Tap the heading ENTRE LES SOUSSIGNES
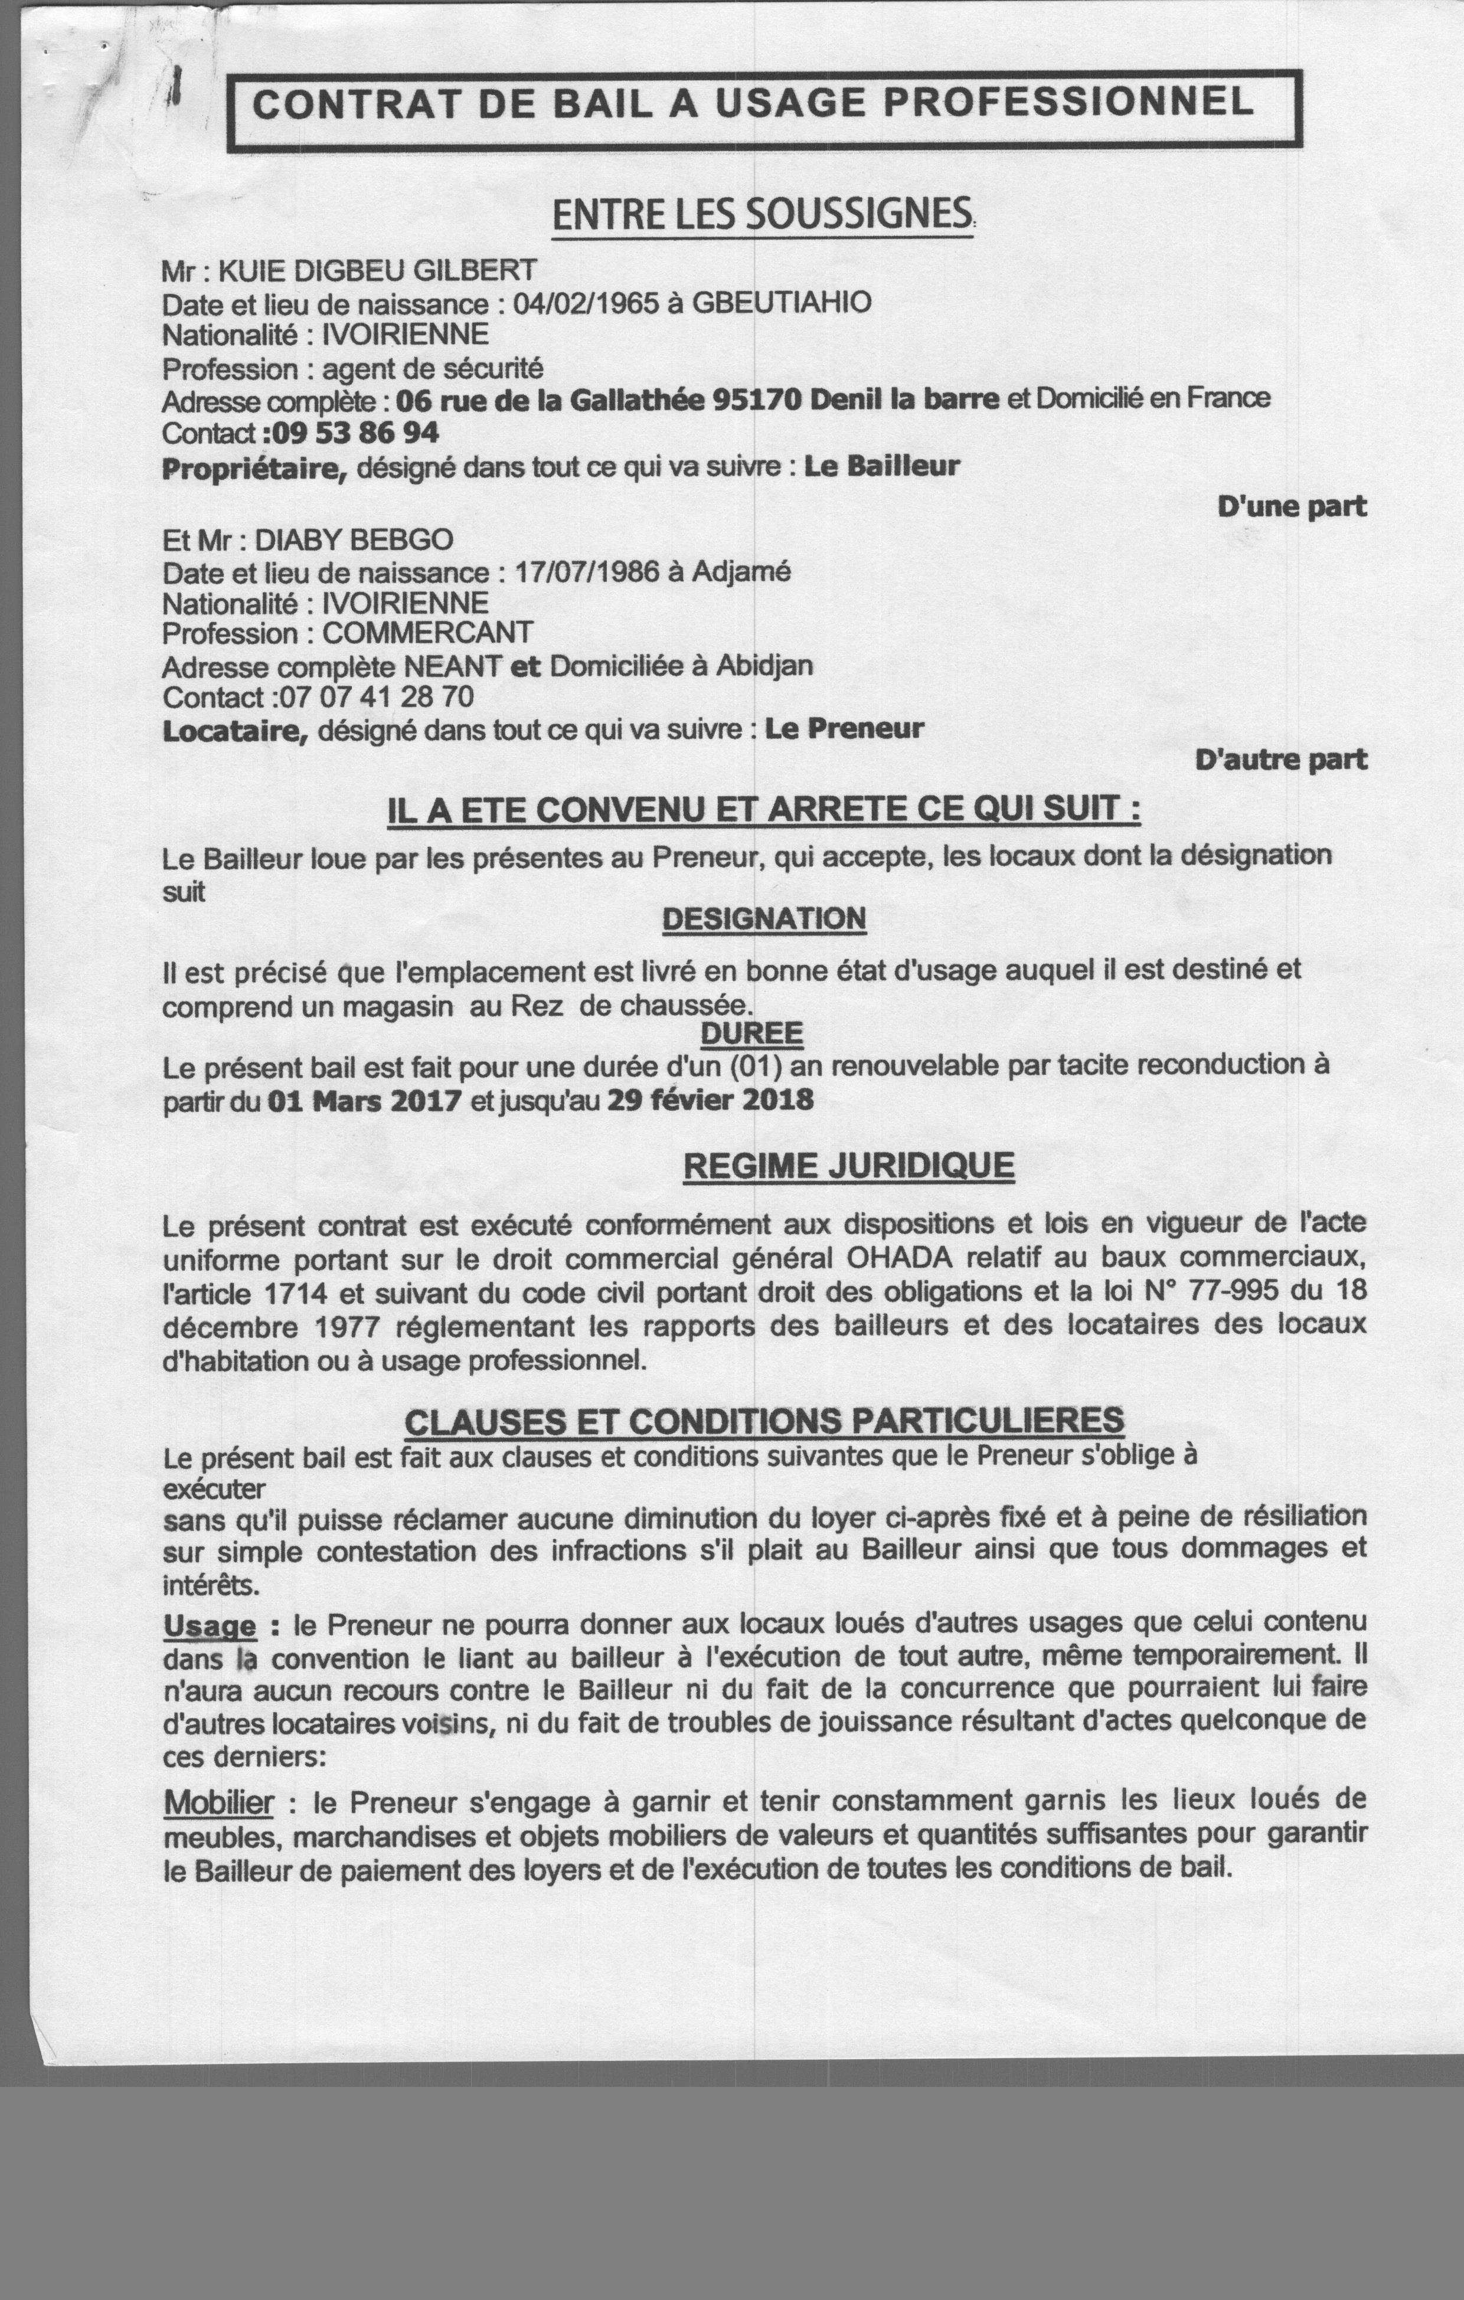(x=762, y=214)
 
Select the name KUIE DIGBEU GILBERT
(x=377, y=271)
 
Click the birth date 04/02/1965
(x=586, y=304)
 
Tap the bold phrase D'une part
(x=1291, y=506)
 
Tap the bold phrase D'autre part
(x=1280, y=760)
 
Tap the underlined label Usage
(x=210, y=1625)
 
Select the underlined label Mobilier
(x=219, y=1802)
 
